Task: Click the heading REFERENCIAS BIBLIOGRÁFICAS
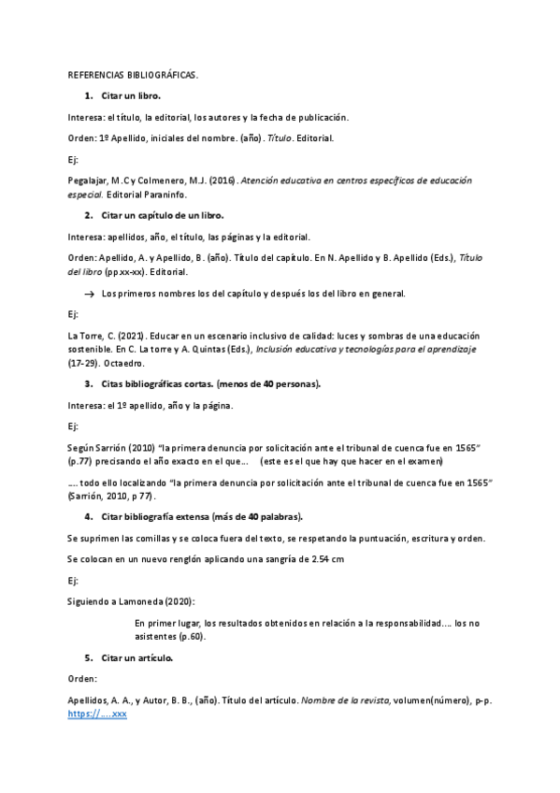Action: point(133,76)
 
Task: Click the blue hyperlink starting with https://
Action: point(97,714)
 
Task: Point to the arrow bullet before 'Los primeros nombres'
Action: point(89,294)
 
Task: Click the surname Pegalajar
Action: point(88,180)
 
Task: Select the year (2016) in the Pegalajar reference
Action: point(223,180)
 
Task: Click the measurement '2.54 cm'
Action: point(326,558)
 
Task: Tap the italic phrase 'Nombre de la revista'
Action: point(343,699)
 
